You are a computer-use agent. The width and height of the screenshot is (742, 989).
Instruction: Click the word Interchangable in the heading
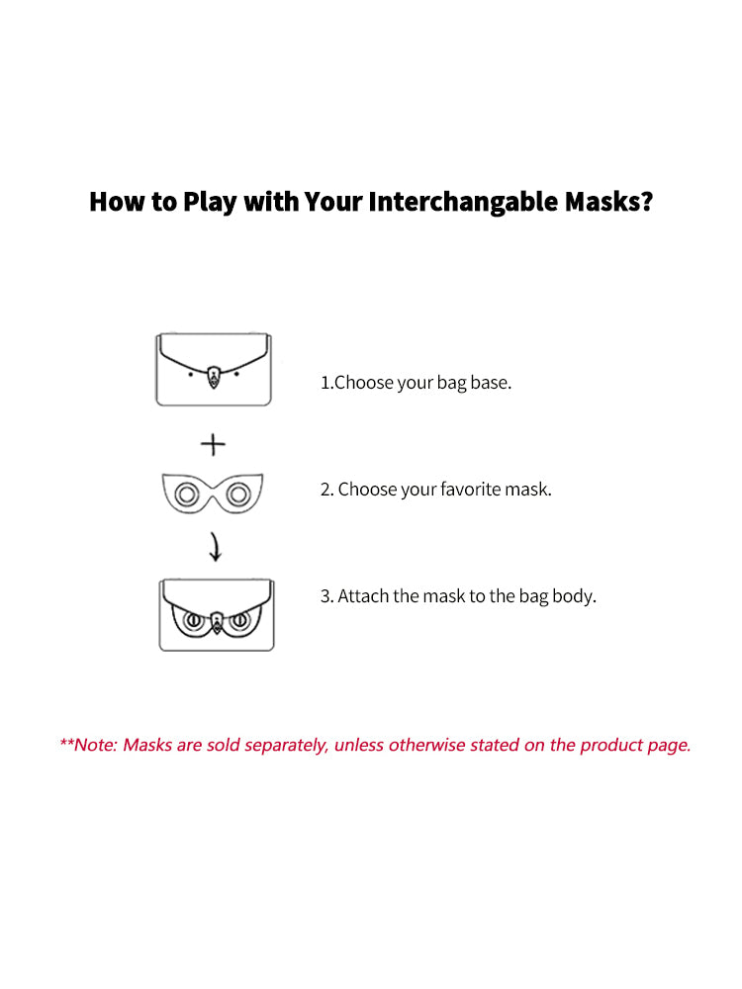pos(464,203)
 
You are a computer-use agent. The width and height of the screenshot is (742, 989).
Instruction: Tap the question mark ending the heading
pos(645,201)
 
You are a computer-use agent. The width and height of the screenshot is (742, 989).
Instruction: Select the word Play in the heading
pos(210,203)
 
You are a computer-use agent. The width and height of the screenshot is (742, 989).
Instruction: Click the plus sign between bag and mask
pos(214,445)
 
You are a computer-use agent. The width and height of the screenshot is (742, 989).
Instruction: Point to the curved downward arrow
pos(216,547)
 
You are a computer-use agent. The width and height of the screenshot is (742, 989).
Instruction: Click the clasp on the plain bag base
pos(214,377)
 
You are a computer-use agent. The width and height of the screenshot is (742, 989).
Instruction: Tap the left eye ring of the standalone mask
pos(187,494)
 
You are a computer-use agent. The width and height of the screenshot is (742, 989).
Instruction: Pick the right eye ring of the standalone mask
pos(238,494)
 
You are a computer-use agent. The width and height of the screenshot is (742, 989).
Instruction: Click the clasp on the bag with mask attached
pos(217,622)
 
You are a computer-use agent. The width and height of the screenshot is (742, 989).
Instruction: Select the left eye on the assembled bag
pos(193,621)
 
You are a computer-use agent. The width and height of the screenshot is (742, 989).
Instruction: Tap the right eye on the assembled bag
pos(240,621)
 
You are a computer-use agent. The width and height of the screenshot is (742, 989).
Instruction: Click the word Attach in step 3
pos(363,596)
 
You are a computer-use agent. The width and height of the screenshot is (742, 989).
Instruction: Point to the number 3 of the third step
pos(325,596)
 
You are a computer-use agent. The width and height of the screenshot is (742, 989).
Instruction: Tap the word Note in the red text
pos(95,745)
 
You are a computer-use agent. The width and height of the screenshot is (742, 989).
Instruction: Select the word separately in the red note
pos(286,746)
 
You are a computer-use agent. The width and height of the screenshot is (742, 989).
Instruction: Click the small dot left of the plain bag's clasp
pos(191,374)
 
